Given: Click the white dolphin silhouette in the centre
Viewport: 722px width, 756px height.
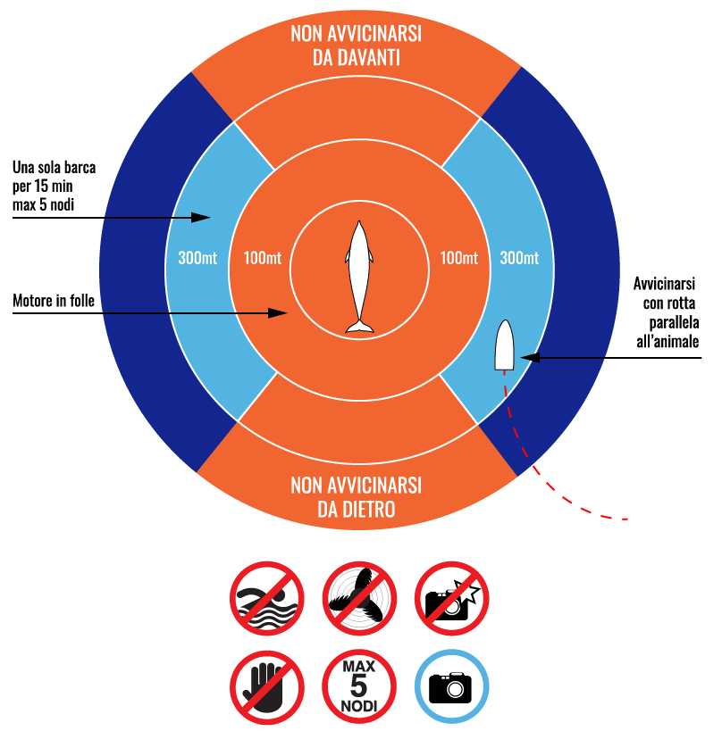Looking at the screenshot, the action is (359, 277).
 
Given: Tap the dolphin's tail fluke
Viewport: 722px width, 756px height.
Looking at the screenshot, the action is (359, 327).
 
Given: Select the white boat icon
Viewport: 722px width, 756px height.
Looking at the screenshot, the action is (504, 345).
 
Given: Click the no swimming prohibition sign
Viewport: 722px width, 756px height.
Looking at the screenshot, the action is (267, 598).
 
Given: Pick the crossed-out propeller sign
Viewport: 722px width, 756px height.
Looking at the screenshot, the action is (359, 598).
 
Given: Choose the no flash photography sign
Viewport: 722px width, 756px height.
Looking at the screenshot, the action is (452, 598).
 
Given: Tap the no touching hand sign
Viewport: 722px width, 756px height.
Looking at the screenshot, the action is (267, 687).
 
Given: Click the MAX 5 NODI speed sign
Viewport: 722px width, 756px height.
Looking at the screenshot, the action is (359, 686).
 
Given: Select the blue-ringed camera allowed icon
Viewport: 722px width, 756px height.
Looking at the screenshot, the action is (452, 686).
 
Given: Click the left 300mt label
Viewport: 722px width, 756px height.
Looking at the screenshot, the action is (197, 258).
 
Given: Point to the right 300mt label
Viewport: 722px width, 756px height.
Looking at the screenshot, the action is (519, 258).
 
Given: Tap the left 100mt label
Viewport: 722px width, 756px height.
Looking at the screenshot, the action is (263, 258).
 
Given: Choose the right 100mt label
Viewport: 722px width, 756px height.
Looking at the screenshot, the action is (459, 258).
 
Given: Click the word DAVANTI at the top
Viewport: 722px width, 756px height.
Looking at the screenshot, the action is (357, 58).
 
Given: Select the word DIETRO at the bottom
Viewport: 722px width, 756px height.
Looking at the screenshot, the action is (357, 509).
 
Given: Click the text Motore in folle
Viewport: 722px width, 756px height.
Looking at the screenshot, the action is (54, 301).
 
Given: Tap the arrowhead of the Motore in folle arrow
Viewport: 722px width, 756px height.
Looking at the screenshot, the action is (278, 313).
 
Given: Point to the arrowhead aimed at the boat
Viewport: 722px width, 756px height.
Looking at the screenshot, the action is (530, 358).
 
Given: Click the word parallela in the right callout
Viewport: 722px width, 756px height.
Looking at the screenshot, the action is (674, 323).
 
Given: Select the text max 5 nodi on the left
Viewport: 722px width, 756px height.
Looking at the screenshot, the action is (44, 205).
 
